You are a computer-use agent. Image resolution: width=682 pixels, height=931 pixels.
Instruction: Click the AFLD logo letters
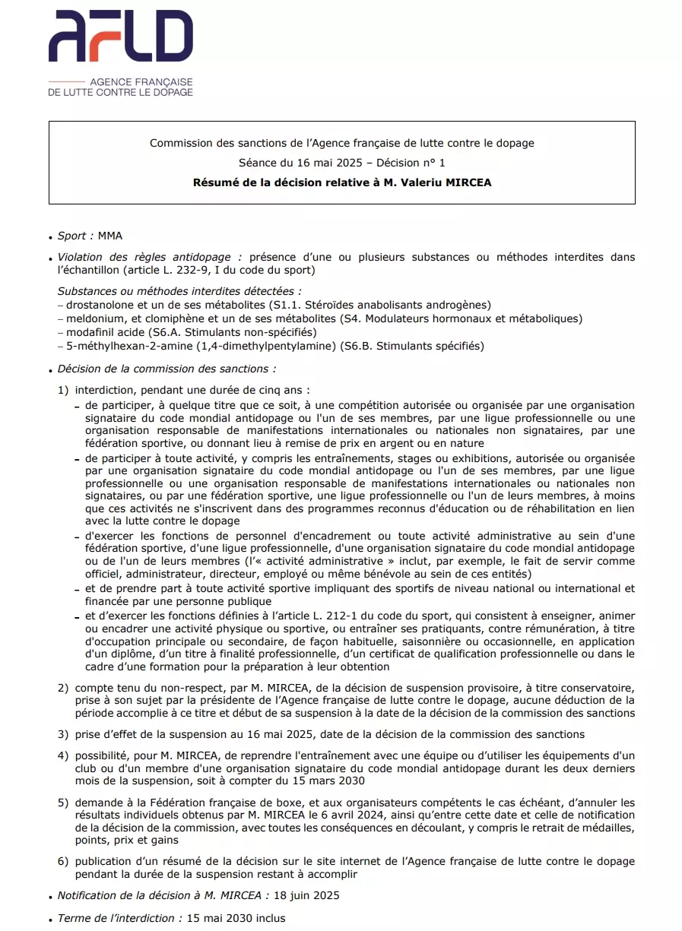120,36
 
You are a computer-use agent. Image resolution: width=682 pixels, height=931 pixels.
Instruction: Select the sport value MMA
110,236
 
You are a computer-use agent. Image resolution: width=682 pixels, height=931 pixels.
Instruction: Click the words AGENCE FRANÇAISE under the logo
141,81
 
